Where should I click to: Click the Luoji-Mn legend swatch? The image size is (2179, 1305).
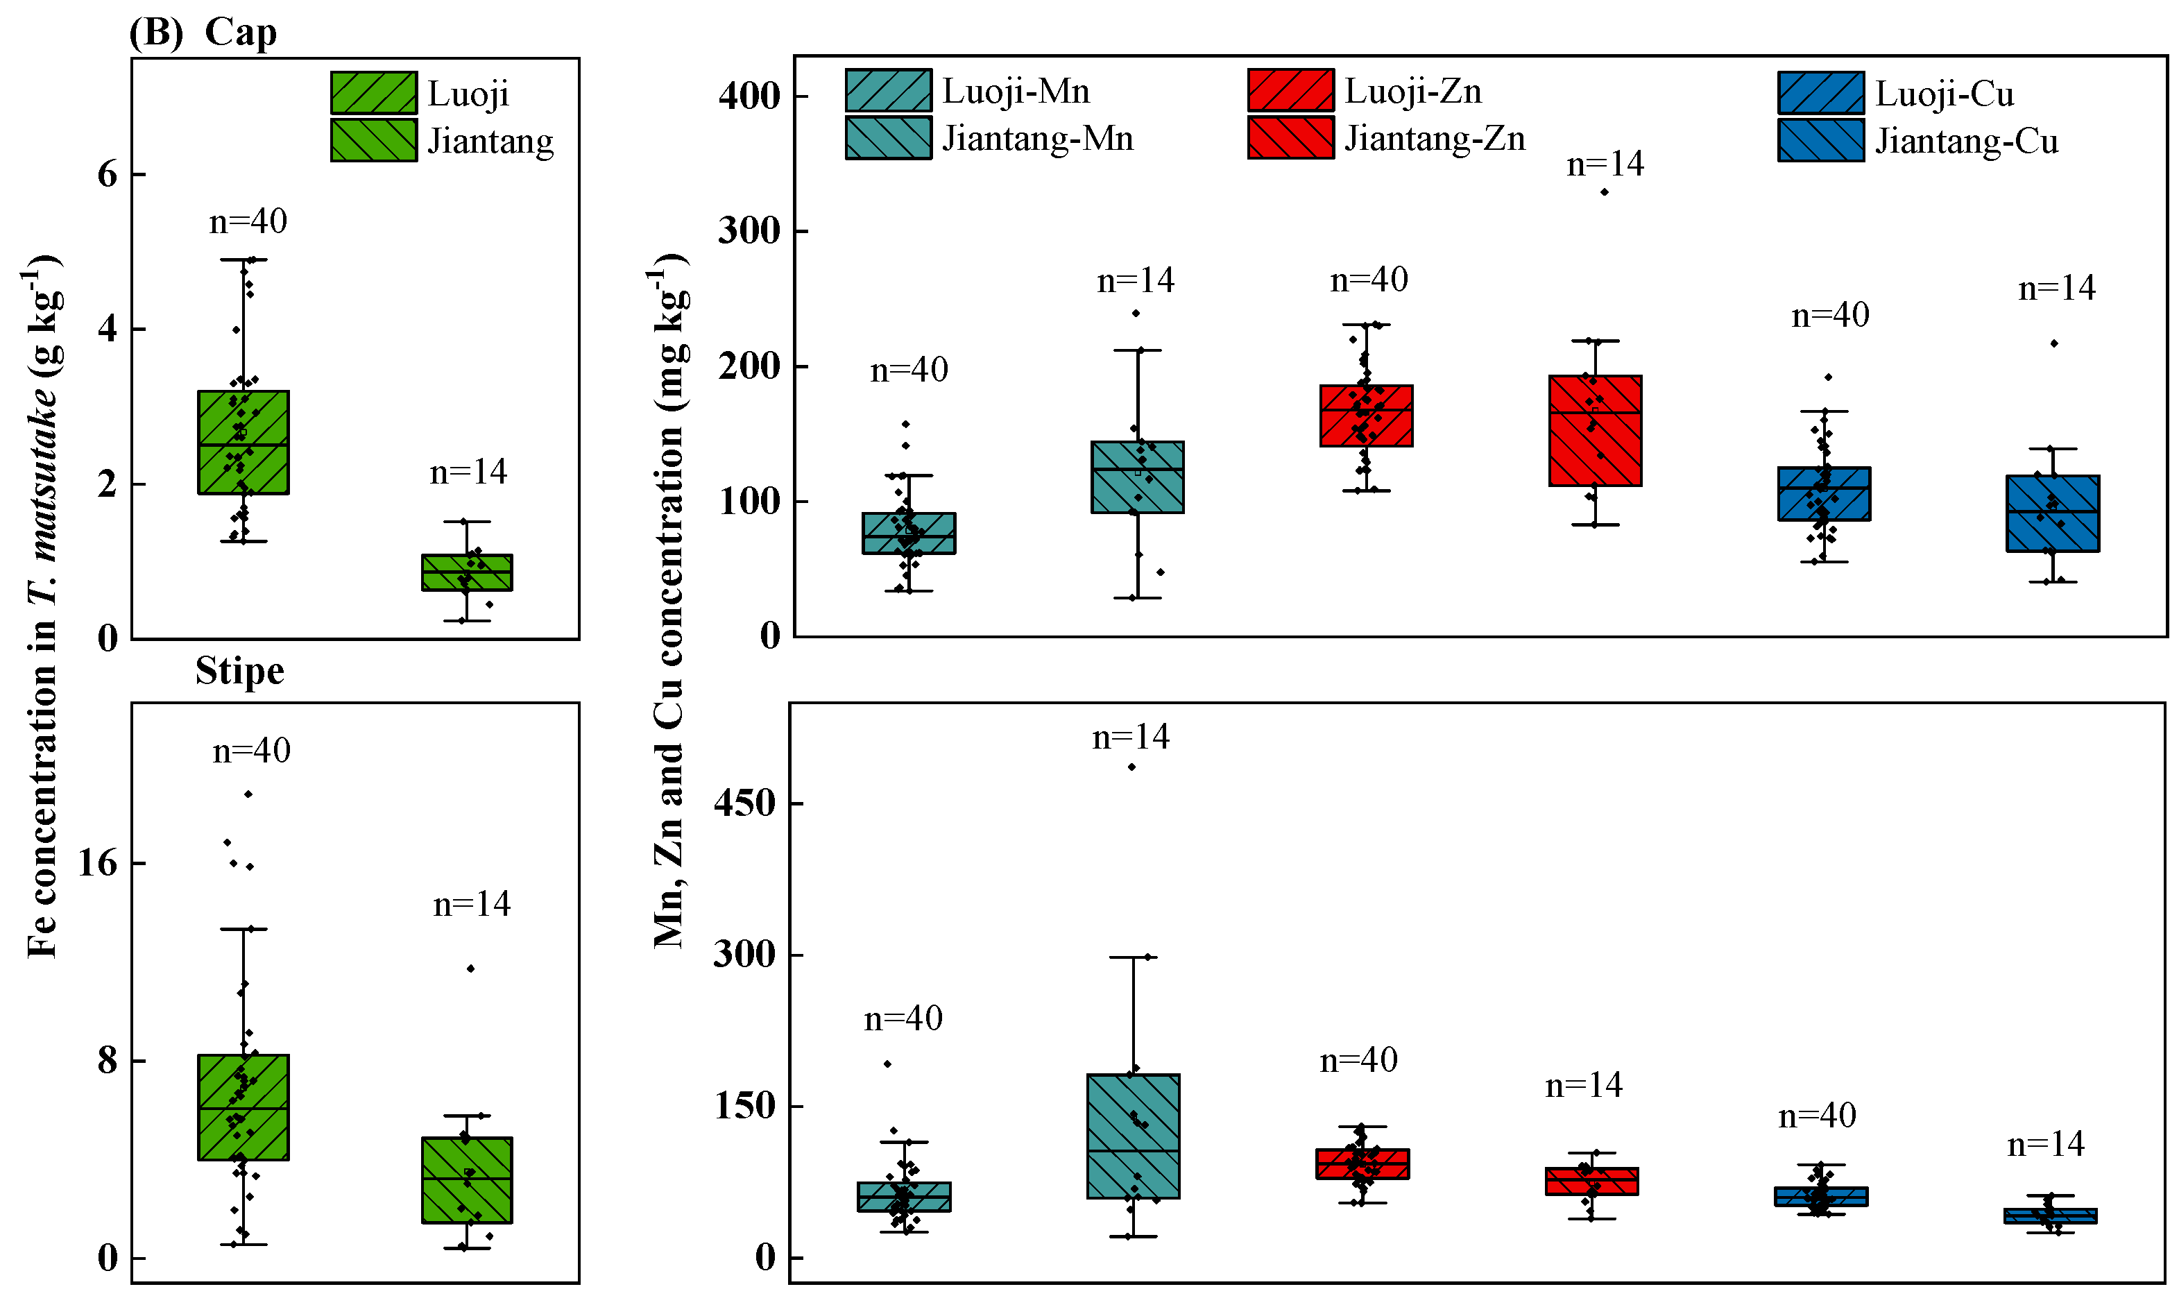[x=888, y=91]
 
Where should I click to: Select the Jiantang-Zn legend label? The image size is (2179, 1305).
[x=1434, y=139]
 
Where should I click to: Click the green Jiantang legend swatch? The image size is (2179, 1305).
[x=374, y=141]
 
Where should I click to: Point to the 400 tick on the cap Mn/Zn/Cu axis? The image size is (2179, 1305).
[x=749, y=96]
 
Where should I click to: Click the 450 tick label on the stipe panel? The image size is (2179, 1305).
[x=744, y=803]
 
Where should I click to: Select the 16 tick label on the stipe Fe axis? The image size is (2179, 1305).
[x=96, y=862]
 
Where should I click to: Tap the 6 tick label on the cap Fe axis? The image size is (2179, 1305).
[x=108, y=174]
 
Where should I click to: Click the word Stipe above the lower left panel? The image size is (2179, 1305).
[x=239, y=671]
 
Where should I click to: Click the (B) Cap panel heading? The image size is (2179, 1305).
[x=203, y=33]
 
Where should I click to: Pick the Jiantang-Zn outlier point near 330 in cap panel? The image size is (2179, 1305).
[x=1604, y=191]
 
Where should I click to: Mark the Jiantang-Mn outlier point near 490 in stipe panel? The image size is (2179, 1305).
[x=1131, y=767]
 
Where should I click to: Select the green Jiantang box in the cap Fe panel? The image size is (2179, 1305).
[x=467, y=572]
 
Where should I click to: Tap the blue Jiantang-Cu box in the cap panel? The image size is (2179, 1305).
[x=2052, y=513]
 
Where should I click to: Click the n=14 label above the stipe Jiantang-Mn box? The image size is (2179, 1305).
[x=1131, y=737]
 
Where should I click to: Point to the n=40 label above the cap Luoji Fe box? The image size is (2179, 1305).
[x=248, y=221]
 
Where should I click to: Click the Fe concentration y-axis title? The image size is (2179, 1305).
[x=42, y=607]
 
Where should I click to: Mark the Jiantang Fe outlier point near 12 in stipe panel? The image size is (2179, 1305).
[x=470, y=969]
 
